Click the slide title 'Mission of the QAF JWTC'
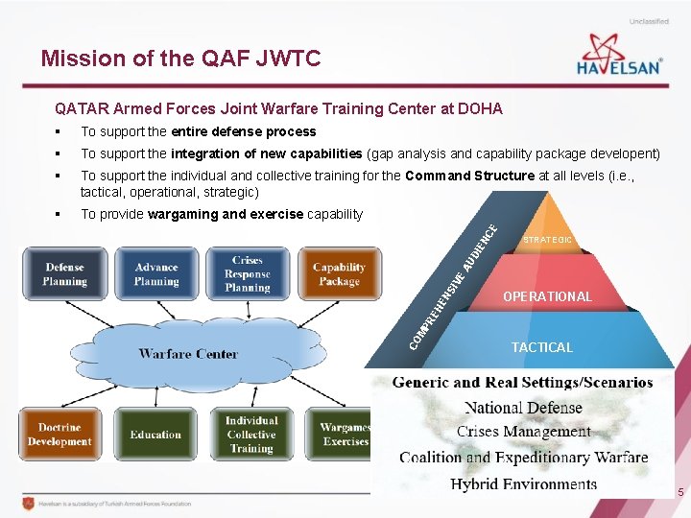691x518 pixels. [180, 59]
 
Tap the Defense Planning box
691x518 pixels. [65, 274]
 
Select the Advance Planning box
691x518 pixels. [156, 274]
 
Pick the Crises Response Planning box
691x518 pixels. [248, 274]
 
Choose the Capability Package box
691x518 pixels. [338, 274]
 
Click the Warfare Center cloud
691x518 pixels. [188, 353]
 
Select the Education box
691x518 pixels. [155, 435]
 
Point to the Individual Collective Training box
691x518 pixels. [251, 435]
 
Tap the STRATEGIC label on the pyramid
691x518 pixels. [548, 240]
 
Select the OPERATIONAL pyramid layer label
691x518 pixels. [547, 296]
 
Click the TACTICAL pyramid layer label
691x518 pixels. [541, 347]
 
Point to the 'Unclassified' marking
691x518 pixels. [650, 21]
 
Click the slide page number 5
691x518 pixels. [680, 493]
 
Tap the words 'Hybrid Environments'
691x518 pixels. [523, 483]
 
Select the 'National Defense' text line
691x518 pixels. [523, 408]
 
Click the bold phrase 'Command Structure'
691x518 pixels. [469, 176]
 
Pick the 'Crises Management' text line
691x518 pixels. [523, 432]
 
